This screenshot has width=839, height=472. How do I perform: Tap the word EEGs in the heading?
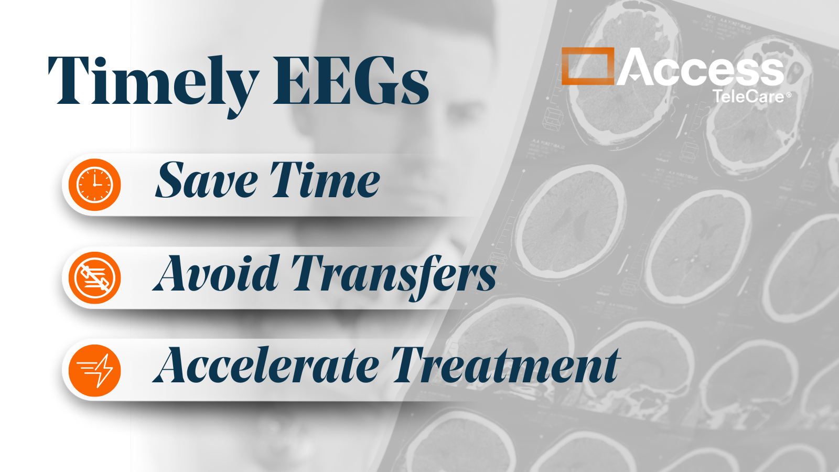tap(351, 81)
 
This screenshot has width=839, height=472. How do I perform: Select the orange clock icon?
tap(95, 185)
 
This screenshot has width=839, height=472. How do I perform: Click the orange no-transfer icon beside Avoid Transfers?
tap(95, 277)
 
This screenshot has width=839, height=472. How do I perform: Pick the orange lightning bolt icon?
tap(95, 370)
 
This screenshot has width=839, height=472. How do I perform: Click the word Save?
tap(207, 180)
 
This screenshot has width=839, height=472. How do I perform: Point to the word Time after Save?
tap(326, 180)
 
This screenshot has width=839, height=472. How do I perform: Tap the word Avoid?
tap(216, 273)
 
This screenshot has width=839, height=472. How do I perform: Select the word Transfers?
tap(394, 277)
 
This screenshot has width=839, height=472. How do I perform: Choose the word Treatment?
tap(505, 364)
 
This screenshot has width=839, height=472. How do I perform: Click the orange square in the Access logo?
tap(588, 66)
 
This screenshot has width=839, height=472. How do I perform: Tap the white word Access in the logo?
tap(701, 67)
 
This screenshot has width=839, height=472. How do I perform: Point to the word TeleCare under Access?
tap(748, 96)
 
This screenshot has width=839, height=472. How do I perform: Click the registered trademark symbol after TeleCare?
tap(789, 95)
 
